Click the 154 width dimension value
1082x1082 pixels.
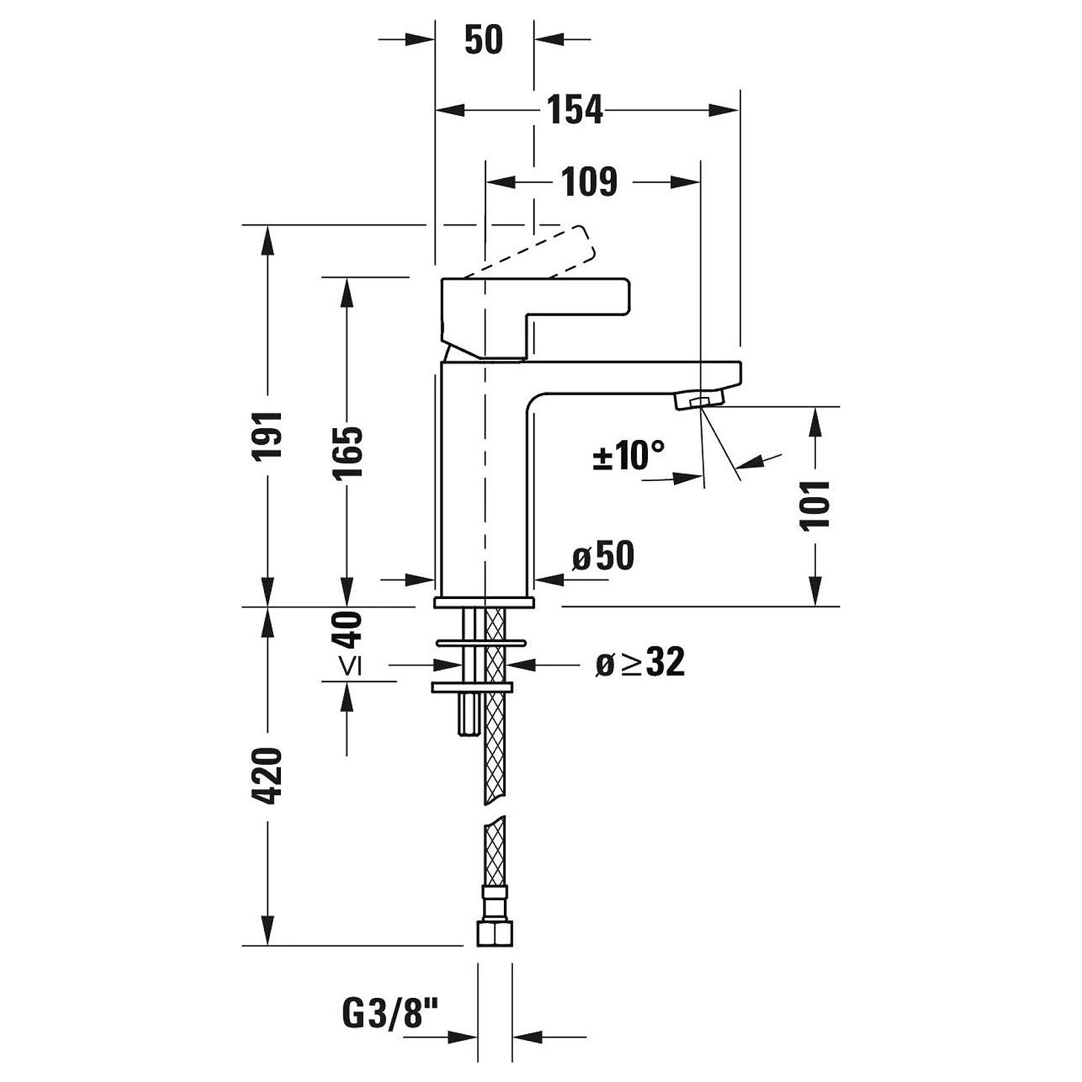pyautogui.click(x=575, y=110)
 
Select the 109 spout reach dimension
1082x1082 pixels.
pyautogui.click(x=589, y=182)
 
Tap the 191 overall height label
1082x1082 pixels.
pyautogui.click(x=268, y=435)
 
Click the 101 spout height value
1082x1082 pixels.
pyautogui.click(x=815, y=505)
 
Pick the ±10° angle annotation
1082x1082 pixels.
pyautogui.click(x=628, y=454)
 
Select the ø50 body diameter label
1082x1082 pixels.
pyautogui.click(x=603, y=556)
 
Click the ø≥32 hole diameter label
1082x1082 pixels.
pyautogui.click(x=640, y=663)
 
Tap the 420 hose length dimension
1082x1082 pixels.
pyautogui.click(x=268, y=776)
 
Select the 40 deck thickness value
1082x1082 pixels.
pyautogui.click(x=347, y=630)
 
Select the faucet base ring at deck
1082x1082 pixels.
pyautogui.click(x=484, y=602)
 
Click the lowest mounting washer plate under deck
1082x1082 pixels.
pyautogui.click(x=473, y=687)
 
